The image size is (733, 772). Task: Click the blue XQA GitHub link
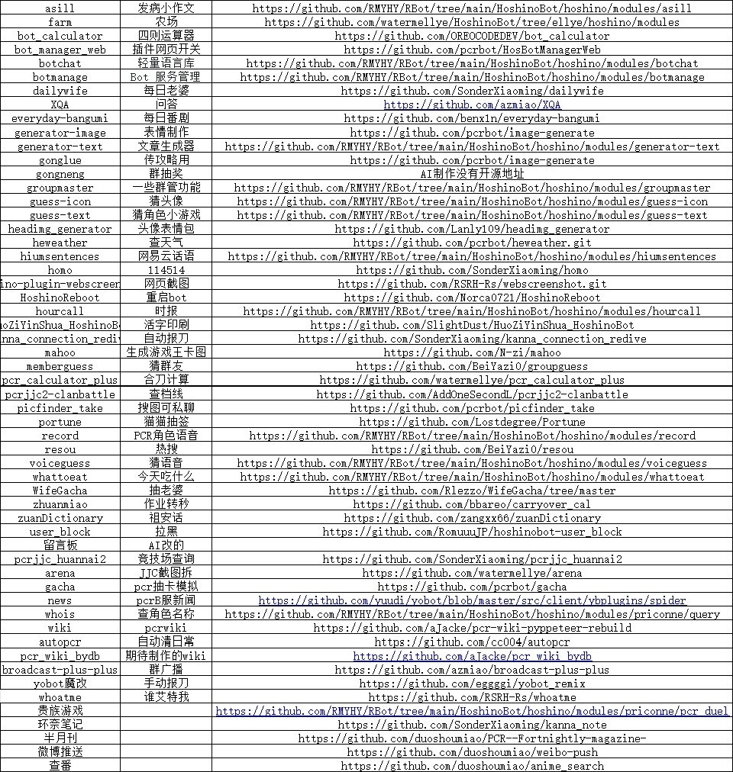click(472, 105)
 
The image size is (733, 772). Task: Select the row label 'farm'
click(60, 22)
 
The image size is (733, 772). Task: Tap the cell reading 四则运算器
click(166, 36)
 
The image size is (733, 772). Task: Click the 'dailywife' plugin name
click(60, 91)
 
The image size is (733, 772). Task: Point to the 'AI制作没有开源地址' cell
click(472, 174)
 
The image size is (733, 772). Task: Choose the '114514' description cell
click(166, 270)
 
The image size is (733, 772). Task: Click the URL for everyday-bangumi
click(472, 118)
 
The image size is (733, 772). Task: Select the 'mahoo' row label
click(60, 352)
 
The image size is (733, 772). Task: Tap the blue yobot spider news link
click(472, 600)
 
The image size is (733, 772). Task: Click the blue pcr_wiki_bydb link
click(472, 656)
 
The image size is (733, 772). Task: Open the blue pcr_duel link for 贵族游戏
click(472, 711)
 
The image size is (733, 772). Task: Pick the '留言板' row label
click(60, 545)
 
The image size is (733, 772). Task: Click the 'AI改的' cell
click(166, 545)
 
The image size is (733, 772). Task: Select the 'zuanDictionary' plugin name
click(60, 518)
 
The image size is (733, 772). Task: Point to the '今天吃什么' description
click(166, 477)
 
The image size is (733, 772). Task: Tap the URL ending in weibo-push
click(472, 752)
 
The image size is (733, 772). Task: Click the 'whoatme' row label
click(60, 697)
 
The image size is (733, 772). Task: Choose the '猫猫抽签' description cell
click(166, 422)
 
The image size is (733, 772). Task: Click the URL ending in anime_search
click(472, 766)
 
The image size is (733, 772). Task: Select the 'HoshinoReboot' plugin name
click(60, 298)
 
